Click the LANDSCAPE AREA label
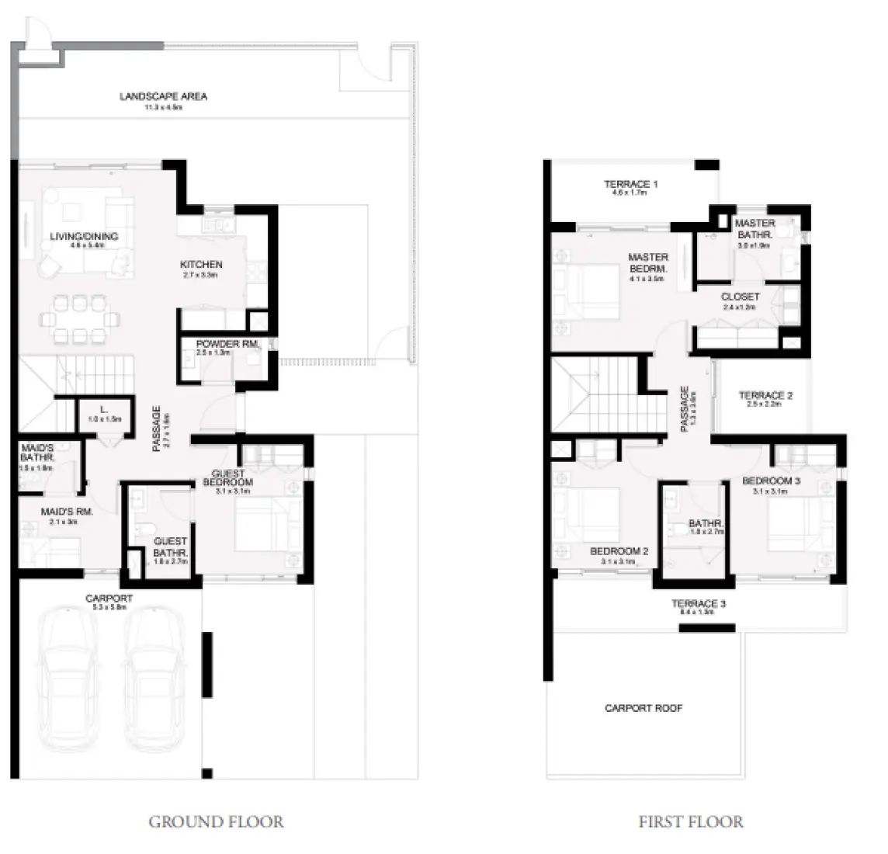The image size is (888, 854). [163, 97]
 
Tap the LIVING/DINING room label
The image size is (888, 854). [84, 236]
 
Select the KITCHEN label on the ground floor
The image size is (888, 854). [201, 265]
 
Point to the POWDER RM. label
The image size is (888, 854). [227, 344]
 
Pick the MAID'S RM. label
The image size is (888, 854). [67, 512]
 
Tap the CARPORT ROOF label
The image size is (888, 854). [643, 708]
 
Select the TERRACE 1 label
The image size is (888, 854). [630, 185]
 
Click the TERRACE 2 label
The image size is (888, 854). [765, 396]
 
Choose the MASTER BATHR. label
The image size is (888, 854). [754, 229]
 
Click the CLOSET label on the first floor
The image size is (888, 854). [740, 297]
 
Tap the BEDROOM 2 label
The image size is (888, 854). [619, 551]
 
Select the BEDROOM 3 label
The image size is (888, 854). [771, 481]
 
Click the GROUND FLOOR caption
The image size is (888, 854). [216, 821]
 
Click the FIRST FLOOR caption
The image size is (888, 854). [690, 821]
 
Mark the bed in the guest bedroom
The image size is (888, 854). [264, 525]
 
